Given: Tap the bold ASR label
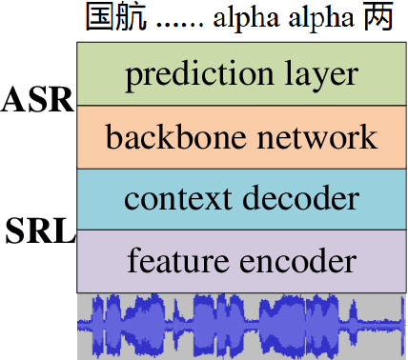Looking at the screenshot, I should pos(38,99).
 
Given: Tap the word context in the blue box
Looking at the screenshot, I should pos(170,199).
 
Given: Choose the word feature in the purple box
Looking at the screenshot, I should pos(172,260).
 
